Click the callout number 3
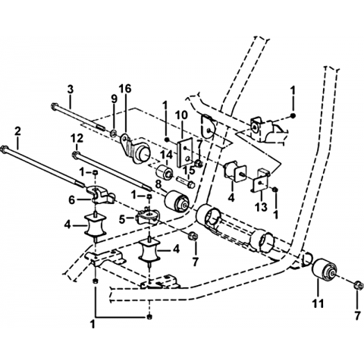click(71, 89)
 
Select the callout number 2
click(17, 132)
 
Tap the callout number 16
click(125, 89)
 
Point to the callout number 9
click(114, 99)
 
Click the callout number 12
click(77, 138)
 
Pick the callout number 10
click(182, 116)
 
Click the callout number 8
click(158, 184)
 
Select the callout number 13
click(261, 207)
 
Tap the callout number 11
click(318, 303)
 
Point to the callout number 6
click(71, 200)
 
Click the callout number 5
click(122, 219)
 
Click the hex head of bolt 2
click(4, 148)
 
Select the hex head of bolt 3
click(53, 105)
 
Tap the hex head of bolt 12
click(75, 154)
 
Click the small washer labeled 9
click(113, 132)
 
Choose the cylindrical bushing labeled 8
click(177, 201)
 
